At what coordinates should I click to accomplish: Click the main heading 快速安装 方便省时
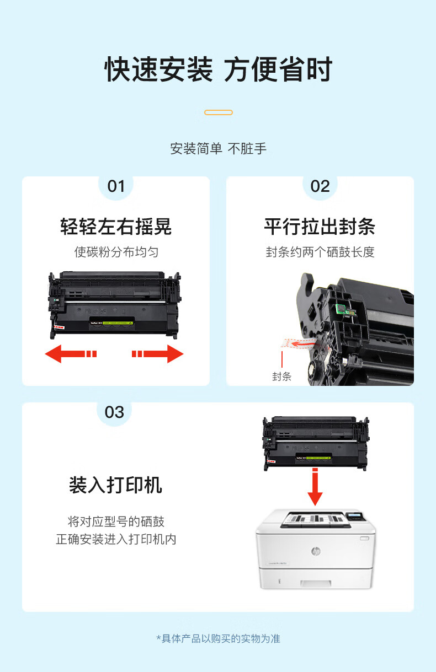(219, 69)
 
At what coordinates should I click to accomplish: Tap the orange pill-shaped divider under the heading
(219, 112)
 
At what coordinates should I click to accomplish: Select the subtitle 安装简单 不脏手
(219, 149)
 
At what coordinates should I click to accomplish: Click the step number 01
(116, 186)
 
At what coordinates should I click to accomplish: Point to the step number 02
(320, 186)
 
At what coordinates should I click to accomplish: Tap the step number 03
(114, 412)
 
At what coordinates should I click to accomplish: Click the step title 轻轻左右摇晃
(116, 227)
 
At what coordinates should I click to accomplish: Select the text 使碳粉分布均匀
(116, 252)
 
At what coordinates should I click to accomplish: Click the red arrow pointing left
(71, 354)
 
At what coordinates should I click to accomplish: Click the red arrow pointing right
(158, 354)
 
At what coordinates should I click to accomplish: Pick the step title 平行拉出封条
(320, 227)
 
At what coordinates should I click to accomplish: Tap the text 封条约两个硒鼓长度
(320, 252)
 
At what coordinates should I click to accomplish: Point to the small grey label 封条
(281, 377)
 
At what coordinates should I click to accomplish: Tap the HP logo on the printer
(316, 551)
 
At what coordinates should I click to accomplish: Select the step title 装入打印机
(115, 485)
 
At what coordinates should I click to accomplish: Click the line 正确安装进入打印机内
(116, 539)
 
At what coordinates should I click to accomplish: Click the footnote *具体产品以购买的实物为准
(219, 639)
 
